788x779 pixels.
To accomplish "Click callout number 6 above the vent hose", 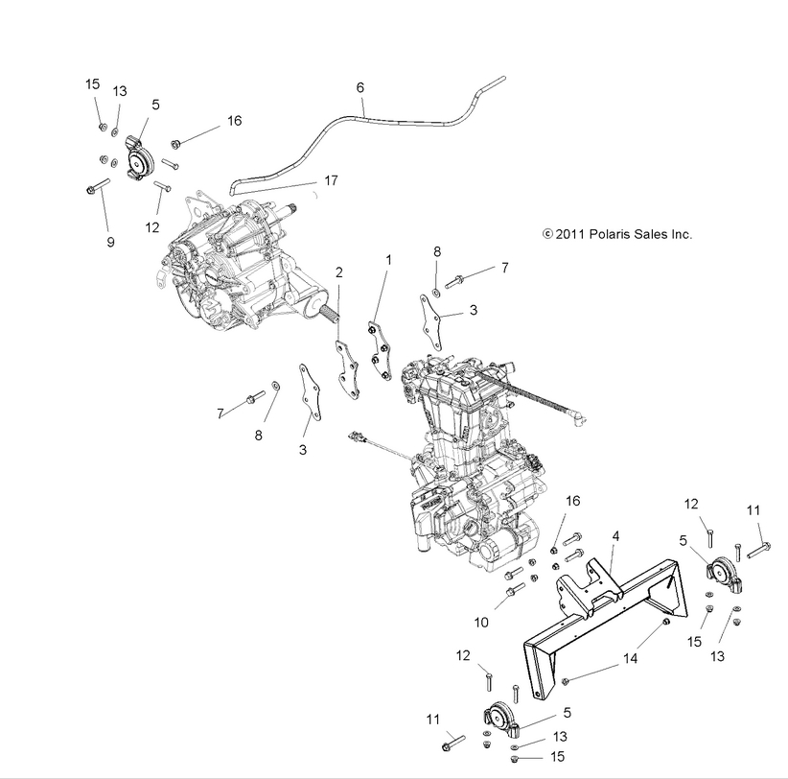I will pyautogui.click(x=360, y=87).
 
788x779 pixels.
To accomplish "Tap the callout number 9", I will pyautogui.click(x=110, y=243).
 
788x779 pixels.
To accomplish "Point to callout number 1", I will pyautogui.click(x=388, y=260).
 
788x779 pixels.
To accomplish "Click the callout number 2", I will pyautogui.click(x=338, y=272).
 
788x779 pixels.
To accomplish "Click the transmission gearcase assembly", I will pyautogui.click(x=230, y=264).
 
